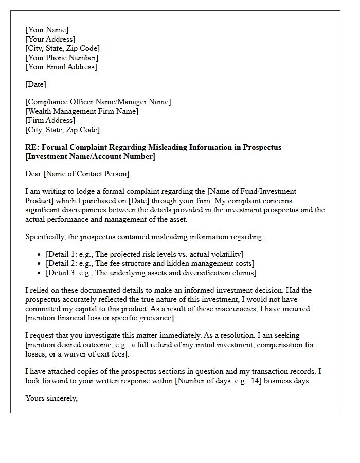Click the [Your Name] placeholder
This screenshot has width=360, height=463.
pos(46,30)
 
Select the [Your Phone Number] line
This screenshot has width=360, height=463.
pos(61,58)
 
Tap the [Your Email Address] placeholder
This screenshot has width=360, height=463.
pos(61,67)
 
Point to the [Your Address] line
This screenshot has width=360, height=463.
pos(50,39)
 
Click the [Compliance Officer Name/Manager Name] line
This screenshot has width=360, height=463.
pos(98,102)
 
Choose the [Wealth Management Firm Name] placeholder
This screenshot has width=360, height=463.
pos(82,111)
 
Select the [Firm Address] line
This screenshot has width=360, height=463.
pos(50,120)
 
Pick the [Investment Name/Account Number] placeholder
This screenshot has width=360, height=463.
pos(90,156)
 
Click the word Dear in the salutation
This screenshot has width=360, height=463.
pos(33,174)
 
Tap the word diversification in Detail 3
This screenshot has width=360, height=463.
pos(206,273)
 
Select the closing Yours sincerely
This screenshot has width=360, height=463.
pos(51,398)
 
